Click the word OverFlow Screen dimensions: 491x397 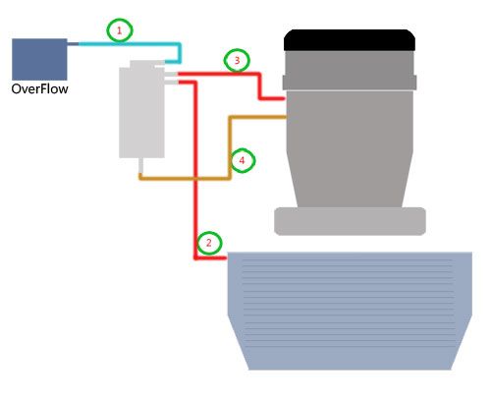pos(39,88)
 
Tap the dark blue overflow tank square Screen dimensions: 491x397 pos(39,59)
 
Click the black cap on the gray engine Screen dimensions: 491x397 pos(350,40)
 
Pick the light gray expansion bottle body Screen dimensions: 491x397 pos(141,112)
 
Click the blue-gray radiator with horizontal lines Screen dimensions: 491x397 pos(350,311)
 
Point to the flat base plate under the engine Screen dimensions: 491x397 pos(350,221)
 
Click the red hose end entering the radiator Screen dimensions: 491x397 pos(225,258)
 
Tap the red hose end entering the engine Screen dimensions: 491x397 pos(283,98)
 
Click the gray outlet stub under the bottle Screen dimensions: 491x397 pos(140,166)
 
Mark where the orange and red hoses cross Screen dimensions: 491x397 pos(195,179)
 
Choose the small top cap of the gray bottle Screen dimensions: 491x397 pos(142,64)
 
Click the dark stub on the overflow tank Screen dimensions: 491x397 pos(73,44)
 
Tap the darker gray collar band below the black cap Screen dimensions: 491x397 pos(350,83)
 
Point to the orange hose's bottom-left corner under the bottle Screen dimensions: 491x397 pos(140,178)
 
